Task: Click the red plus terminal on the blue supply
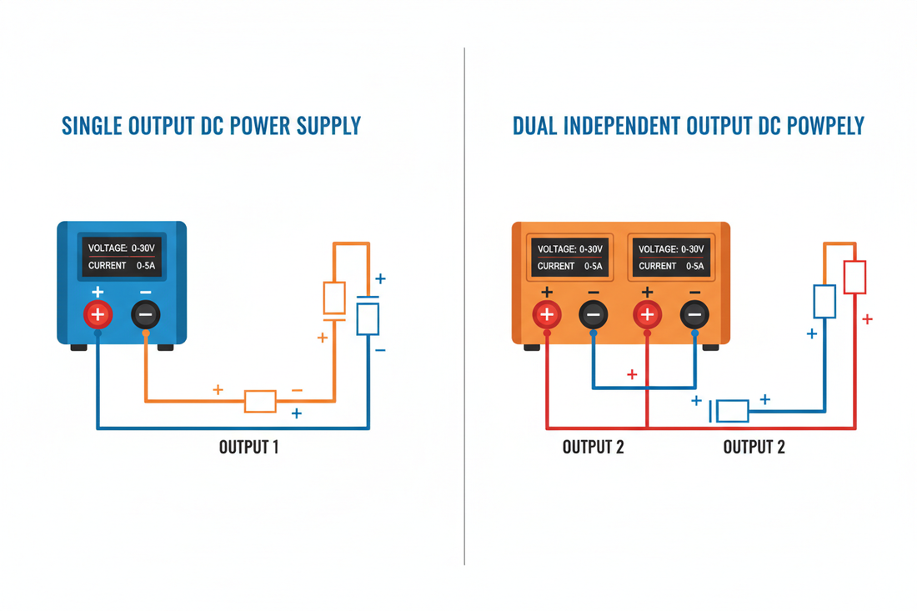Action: pos(98,314)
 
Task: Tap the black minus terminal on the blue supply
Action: pos(146,314)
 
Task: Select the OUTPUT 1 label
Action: pos(248,447)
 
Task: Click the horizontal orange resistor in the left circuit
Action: pos(260,401)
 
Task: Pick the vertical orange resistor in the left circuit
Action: pos(334,298)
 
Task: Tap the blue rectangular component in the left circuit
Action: pos(368,318)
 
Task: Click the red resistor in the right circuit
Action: pos(854,277)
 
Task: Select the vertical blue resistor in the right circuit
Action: pos(824,301)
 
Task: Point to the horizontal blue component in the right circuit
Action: pos(732,411)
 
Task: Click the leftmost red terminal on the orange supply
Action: pos(547,314)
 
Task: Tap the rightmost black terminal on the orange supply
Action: pos(694,314)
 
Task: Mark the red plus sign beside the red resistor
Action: pos(867,319)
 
